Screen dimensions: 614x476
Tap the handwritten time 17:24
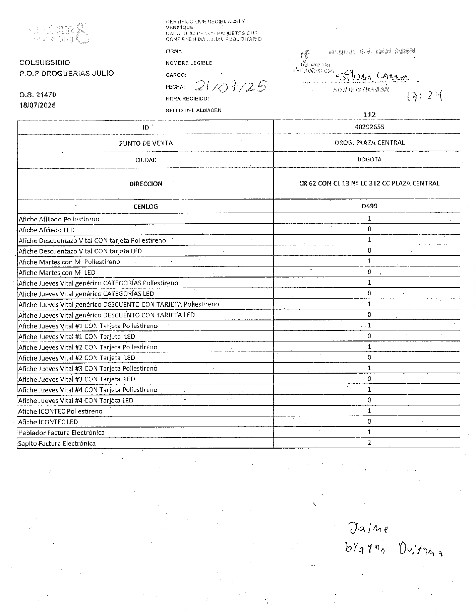(424, 97)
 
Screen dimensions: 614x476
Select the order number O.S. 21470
(38, 95)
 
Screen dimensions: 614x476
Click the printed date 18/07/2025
(38, 105)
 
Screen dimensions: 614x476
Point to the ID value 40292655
(369, 127)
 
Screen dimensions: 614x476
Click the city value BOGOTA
(369, 159)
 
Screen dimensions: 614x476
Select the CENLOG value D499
(369, 206)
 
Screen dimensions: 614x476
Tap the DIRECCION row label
(146, 184)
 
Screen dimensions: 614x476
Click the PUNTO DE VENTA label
(146, 143)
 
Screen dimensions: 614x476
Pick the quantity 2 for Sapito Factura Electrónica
(369, 443)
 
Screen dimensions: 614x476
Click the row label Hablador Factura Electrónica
(61, 433)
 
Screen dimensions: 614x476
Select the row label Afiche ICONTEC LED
(48, 422)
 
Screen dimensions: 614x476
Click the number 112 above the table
(369, 114)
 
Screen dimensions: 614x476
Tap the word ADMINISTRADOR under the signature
(361, 89)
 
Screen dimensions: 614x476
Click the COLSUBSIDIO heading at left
(45, 63)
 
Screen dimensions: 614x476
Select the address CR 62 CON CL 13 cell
(369, 183)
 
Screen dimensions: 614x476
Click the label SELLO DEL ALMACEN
(193, 110)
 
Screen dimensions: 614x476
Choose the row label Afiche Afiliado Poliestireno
(59, 219)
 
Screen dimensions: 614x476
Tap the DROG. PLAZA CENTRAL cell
(369, 143)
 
